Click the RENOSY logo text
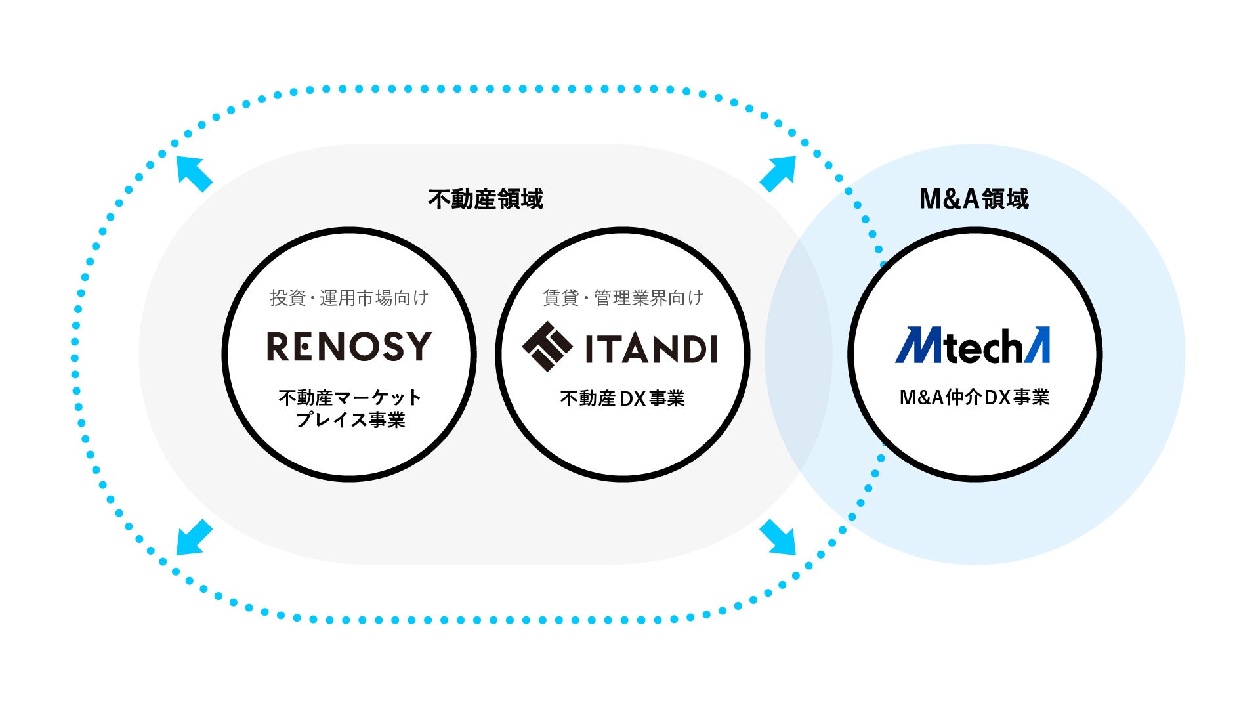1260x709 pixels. (348, 347)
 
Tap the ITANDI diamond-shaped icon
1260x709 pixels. (547, 347)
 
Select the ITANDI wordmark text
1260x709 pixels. (650, 349)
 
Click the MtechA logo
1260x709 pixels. (973, 346)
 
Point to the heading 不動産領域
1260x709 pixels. (486, 199)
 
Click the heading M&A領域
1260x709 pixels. (974, 199)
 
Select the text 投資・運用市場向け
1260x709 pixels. (349, 298)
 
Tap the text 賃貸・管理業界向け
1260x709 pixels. (623, 298)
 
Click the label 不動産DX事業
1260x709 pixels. (622, 398)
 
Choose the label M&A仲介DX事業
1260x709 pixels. (975, 397)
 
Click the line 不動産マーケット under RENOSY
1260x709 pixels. (350, 397)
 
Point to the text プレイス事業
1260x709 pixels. (350, 420)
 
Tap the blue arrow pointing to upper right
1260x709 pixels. (778, 173)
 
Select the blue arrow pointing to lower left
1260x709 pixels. (194, 538)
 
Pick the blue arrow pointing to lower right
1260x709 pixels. (778, 538)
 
